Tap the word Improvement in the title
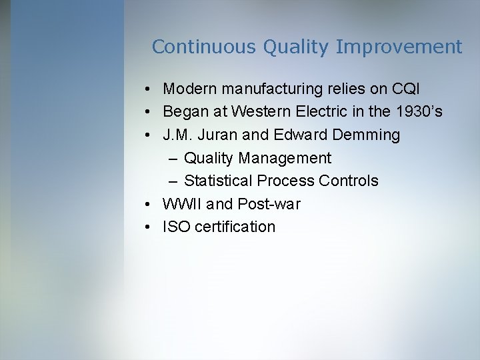point(399,47)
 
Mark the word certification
point(235,227)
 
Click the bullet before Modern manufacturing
point(147,89)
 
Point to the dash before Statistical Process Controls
point(173,181)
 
